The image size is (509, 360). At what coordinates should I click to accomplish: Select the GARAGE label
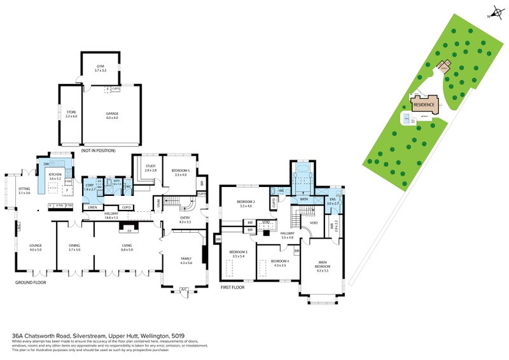[x=112, y=113]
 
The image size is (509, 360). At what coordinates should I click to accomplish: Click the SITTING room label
[x=24, y=190]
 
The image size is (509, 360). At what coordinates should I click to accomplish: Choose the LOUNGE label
[x=35, y=247]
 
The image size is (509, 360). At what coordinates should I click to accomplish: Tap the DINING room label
[x=75, y=247]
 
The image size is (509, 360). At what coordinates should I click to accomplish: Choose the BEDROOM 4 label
[x=279, y=262]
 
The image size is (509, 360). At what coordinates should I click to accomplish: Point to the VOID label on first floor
[x=313, y=223]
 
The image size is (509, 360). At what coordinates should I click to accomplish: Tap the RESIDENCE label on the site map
[x=424, y=104]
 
